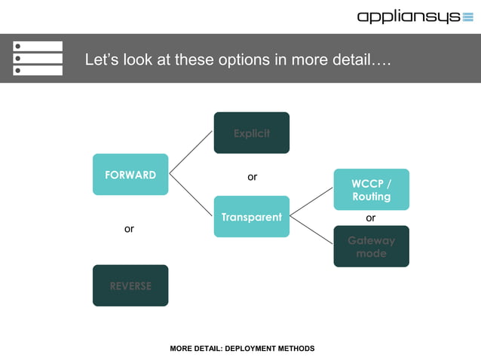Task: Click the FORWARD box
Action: tap(130, 175)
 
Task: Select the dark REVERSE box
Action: tap(130, 285)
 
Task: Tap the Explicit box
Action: tap(252, 133)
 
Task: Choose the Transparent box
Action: tap(252, 217)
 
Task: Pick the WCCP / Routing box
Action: tap(371, 189)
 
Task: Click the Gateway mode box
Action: tap(371, 246)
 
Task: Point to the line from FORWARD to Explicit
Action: tap(191, 153)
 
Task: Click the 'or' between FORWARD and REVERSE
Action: tap(129, 228)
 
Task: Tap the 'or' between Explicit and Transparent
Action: tap(253, 177)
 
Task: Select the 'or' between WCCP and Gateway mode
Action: tap(370, 218)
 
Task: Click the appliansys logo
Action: tap(414, 17)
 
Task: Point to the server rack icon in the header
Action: tap(38, 59)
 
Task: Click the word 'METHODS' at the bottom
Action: tap(297, 349)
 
